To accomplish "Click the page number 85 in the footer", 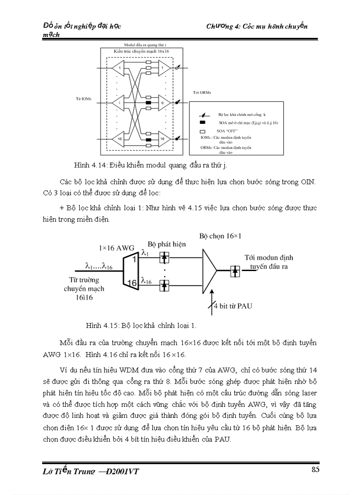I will (315, 469).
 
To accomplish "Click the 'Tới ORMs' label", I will (202, 93).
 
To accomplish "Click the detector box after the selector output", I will (235, 271).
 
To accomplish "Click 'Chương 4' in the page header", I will (223, 26).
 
